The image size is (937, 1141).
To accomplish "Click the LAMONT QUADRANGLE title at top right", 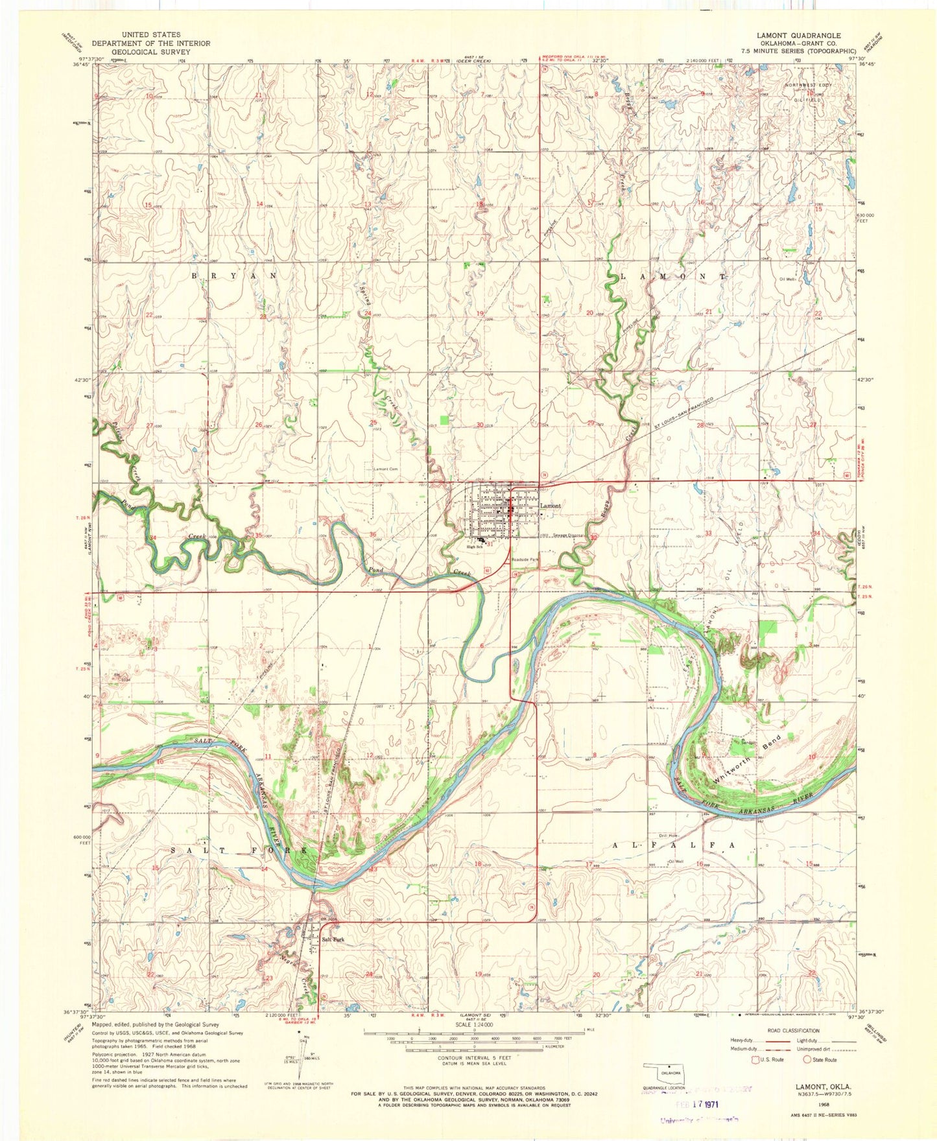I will (798, 36).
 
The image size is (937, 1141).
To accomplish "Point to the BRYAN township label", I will (234, 276).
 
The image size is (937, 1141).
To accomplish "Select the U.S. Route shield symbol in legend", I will (754, 1060).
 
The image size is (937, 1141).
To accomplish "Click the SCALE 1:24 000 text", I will (474, 1024).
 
